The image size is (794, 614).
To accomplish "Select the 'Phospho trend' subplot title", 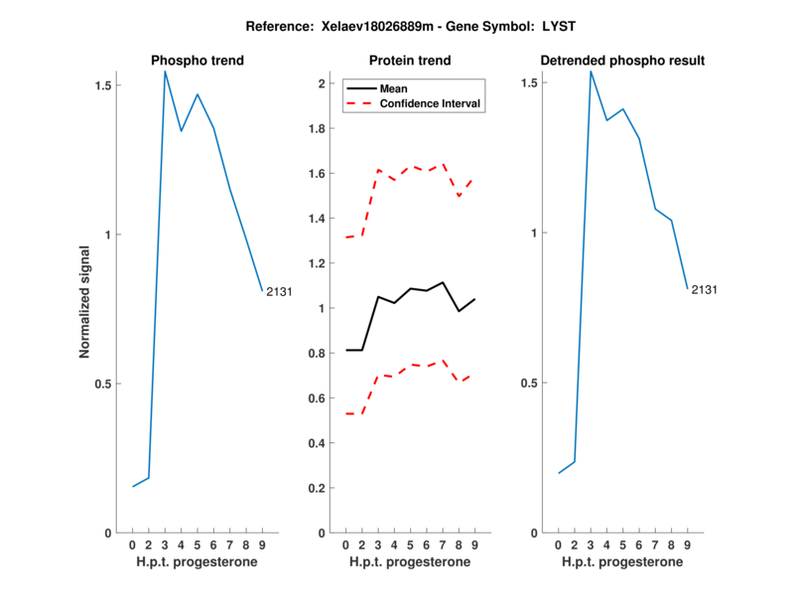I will coord(197,61).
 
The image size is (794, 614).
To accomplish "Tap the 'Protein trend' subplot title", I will coord(410,61).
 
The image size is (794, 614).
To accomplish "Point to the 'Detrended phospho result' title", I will coord(622,61).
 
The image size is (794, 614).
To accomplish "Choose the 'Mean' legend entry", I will coord(393,88).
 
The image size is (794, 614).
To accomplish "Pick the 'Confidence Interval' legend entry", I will coord(430,103).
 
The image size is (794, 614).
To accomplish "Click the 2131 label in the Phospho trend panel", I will coord(278,291).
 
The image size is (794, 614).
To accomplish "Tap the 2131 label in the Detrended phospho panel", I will coord(704,290).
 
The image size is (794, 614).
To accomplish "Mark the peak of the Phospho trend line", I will coord(165,71).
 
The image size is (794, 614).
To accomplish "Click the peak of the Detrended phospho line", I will coord(591,71).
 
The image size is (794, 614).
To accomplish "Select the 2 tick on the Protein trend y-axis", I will coord(321,83).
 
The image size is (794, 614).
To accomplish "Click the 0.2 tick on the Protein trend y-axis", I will coord(316,488).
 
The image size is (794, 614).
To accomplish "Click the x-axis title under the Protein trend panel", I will coord(410,562).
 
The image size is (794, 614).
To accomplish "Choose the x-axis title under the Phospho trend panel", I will coord(197,562).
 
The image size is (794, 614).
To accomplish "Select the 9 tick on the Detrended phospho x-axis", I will coord(687,545).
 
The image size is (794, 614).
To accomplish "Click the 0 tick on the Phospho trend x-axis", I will coord(132,545).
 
